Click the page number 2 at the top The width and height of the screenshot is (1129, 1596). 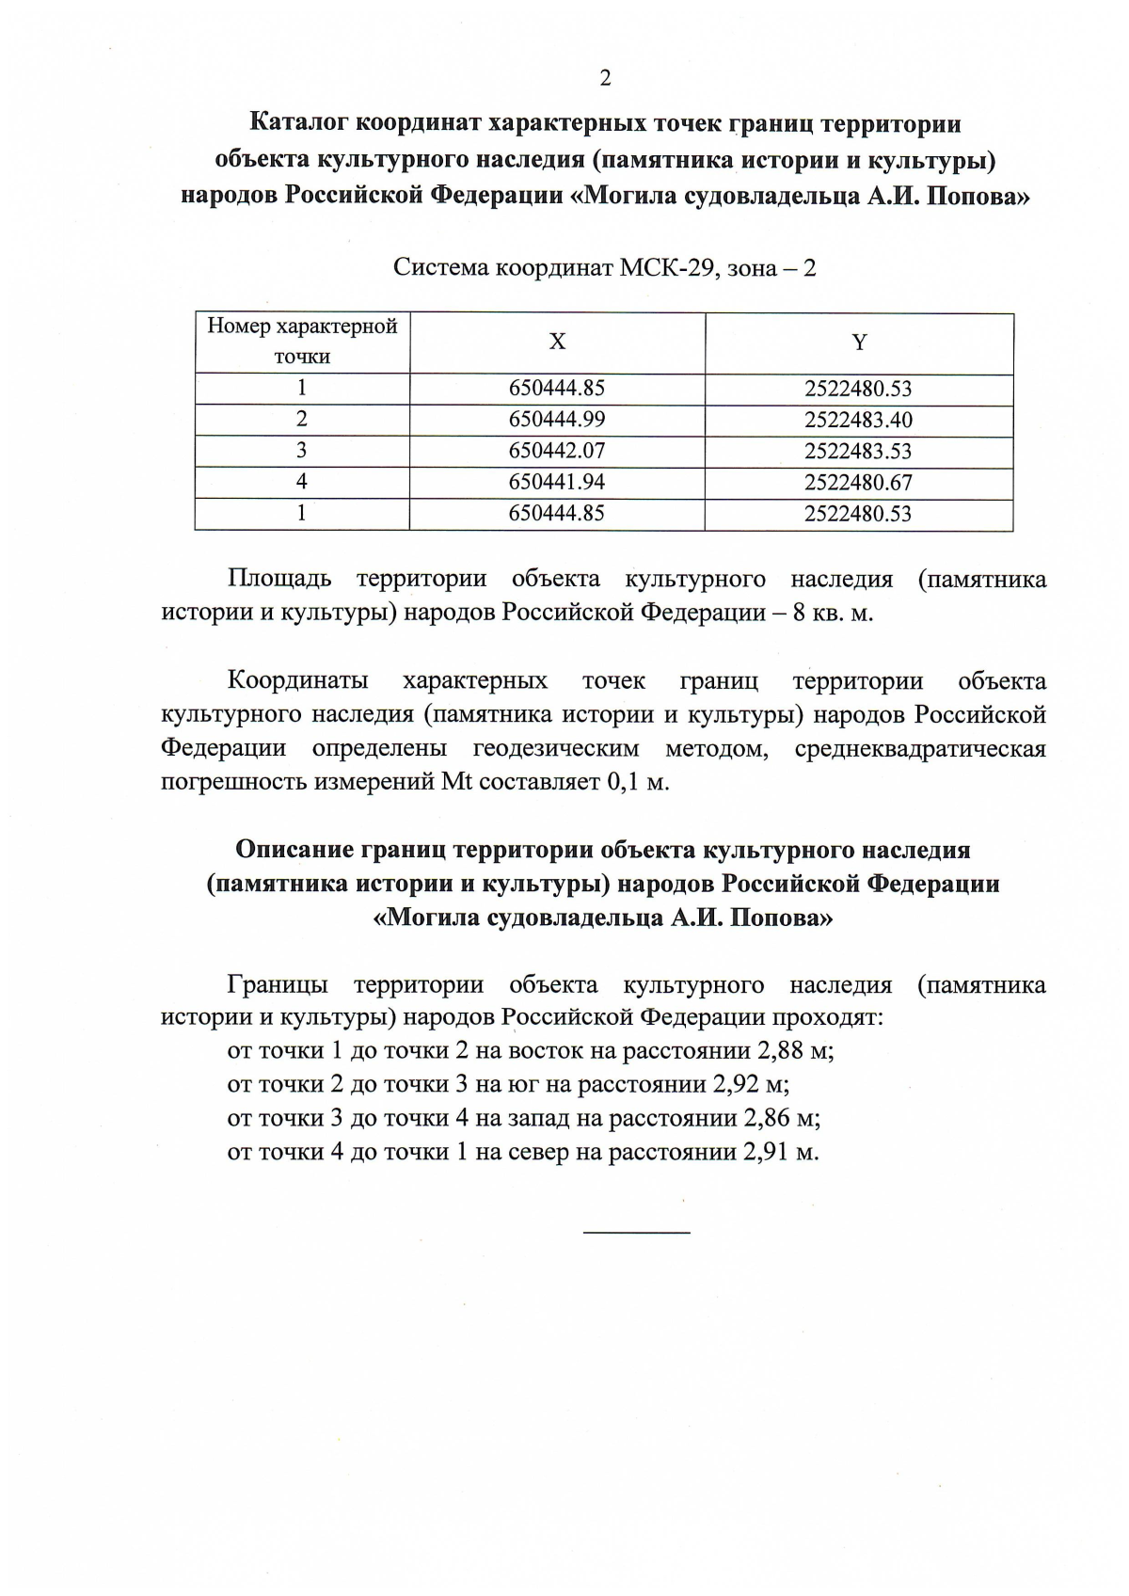[x=605, y=78]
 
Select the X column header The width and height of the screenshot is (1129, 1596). [x=557, y=342]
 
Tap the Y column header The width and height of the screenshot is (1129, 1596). [x=858, y=343]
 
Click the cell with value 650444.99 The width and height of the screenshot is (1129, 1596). [x=557, y=420]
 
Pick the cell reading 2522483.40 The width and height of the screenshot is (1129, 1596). [x=858, y=420]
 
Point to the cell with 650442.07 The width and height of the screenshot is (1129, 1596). [x=557, y=451]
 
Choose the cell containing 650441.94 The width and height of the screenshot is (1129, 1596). [x=557, y=483]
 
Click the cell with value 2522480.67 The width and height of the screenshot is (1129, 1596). [x=858, y=483]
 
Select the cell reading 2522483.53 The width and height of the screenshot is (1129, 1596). [x=858, y=451]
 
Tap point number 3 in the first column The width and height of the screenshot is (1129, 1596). [x=301, y=451]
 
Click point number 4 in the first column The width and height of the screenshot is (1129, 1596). [x=301, y=483]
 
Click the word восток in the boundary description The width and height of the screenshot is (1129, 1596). [x=536, y=1050]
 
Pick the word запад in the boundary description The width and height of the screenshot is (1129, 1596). [x=537, y=1118]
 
